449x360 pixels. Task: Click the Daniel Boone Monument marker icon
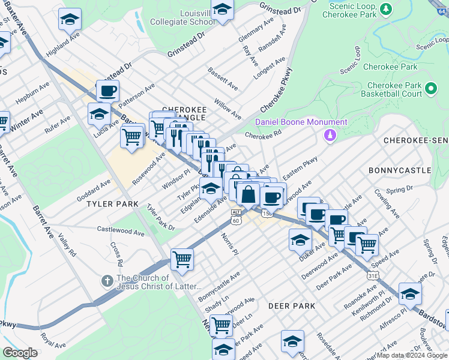(x=330, y=136)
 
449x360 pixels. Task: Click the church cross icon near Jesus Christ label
(x=107, y=281)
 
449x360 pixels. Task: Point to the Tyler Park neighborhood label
(x=108, y=204)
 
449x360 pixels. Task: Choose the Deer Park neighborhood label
(x=292, y=306)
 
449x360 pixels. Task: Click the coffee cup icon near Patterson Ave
(x=107, y=91)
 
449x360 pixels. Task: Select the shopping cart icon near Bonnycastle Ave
(x=182, y=260)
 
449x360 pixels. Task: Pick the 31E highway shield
(x=372, y=275)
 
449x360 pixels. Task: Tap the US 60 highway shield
(x=236, y=221)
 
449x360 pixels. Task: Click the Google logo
(x=20, y=353)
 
